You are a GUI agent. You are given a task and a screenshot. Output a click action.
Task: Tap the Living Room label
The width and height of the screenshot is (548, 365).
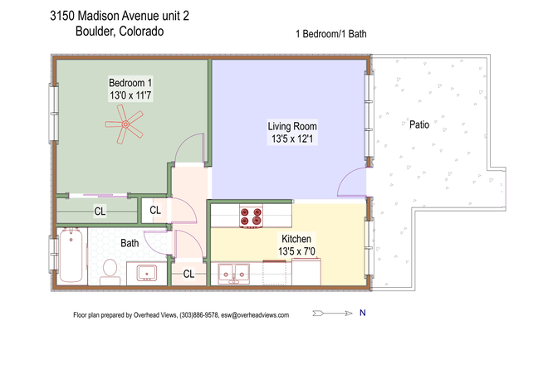291,126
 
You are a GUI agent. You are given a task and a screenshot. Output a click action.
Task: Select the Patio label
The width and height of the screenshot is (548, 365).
419,124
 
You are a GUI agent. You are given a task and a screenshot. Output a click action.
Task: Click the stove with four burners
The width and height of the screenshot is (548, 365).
251,217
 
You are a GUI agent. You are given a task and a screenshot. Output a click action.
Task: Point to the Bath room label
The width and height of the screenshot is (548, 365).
130,243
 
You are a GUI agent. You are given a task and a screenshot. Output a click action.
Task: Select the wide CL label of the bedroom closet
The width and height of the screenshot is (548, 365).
100,212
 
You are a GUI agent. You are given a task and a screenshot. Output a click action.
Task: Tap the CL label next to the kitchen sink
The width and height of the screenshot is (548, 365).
188,274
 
